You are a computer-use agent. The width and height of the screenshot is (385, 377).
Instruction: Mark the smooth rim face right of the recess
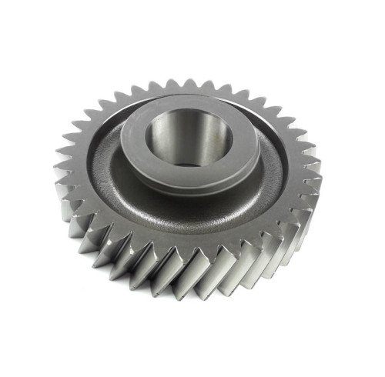coord(296,165)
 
